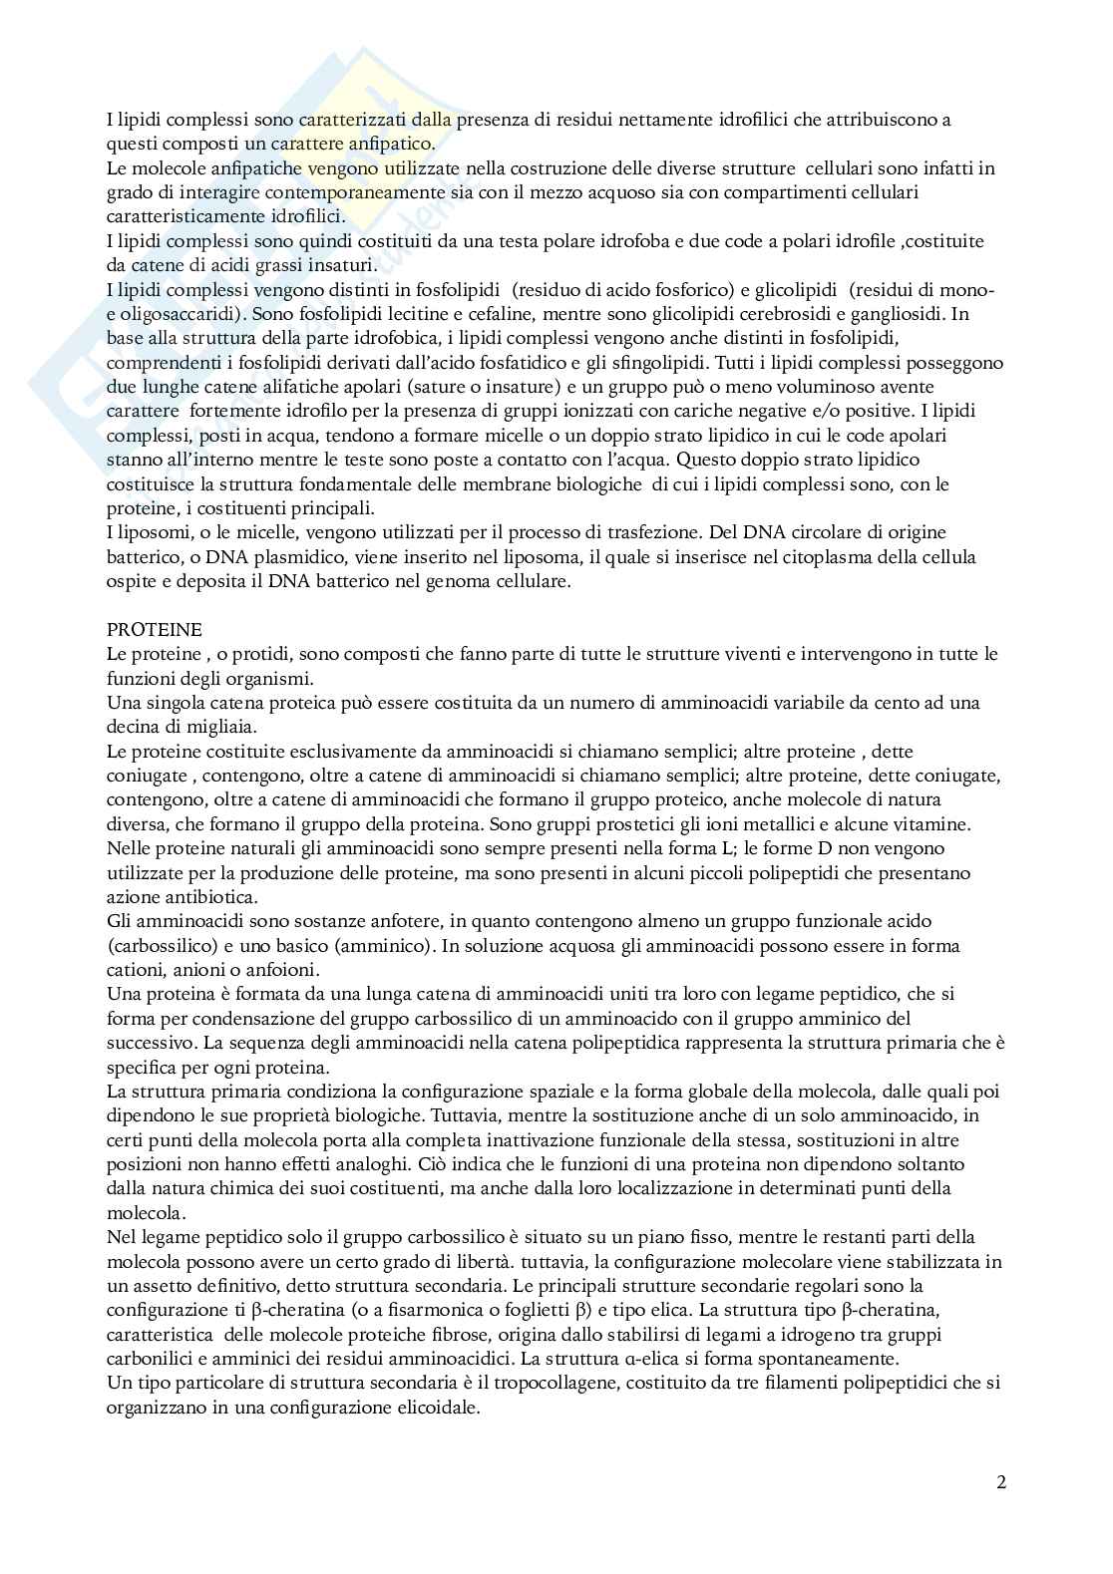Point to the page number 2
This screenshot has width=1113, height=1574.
[1001, 1481]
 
